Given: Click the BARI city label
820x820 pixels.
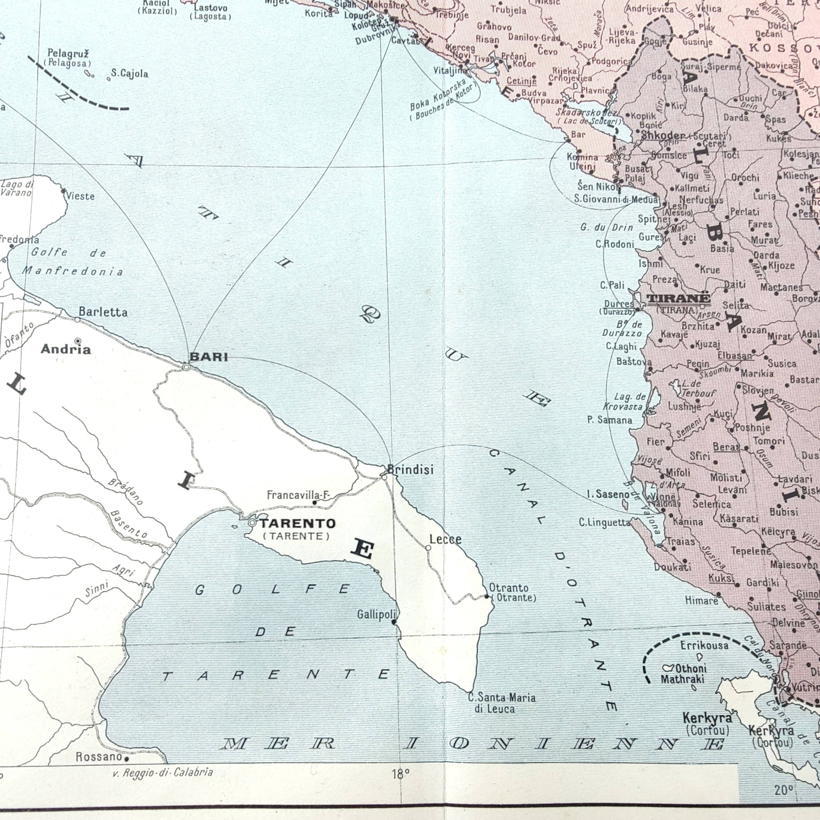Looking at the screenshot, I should coord(208,357).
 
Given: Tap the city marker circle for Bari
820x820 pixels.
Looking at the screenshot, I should coord(186,367).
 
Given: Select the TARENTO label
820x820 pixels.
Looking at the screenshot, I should coord(297,524).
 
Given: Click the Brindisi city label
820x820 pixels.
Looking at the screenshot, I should coord(411,470).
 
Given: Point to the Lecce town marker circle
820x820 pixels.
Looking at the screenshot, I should coord(428,548).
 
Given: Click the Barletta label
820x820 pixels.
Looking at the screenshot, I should coord(103,312).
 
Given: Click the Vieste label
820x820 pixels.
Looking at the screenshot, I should coord(81,196).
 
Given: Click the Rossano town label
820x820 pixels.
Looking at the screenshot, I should coord(99,757).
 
